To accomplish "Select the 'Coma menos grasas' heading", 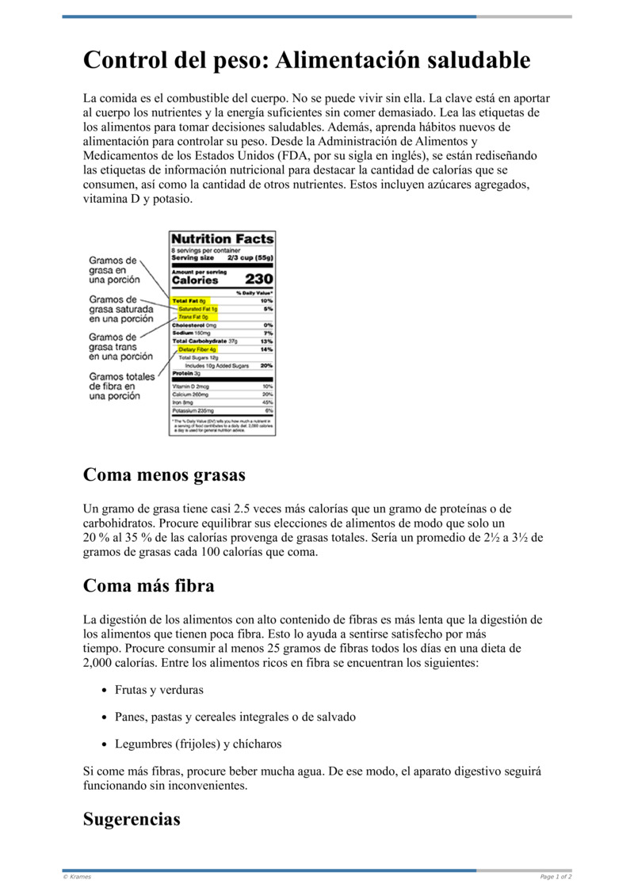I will (x=164, y=474).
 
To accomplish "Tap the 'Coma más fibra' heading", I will (x=148, y=586).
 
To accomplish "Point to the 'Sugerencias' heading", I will (x=132, y=819).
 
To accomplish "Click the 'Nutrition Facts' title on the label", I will (x=223, y=238).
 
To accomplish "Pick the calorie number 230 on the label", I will (x=258, y=279).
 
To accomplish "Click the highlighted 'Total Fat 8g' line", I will (x=189, y=302).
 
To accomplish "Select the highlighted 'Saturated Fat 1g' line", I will (x=197, y=309).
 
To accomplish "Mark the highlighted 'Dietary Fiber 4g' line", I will (x=197, y=349).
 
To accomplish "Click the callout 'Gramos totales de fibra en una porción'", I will (x=121, y=386).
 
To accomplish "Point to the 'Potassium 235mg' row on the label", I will (x=193, y=411).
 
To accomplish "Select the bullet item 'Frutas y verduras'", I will (x=158, y=690).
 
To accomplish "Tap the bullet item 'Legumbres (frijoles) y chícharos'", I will (x=197, y=744).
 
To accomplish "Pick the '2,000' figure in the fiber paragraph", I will (x=100, y=663).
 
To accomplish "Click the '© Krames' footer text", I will (x=76, y=877).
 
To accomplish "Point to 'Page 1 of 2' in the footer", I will (x=556, y=877).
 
